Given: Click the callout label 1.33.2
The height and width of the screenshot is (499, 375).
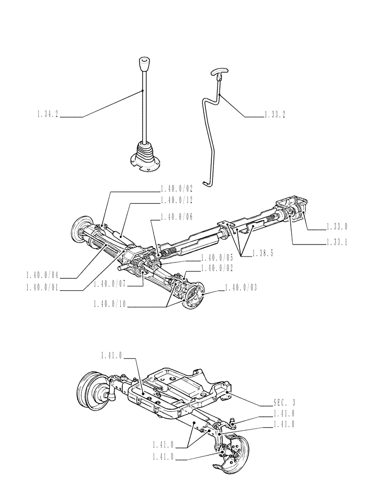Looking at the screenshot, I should click(x=274, y=116).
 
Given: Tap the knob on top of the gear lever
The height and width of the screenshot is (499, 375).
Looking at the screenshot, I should click(x=143, y=64).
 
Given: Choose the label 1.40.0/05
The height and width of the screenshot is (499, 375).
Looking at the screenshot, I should click(x=217, y=258).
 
